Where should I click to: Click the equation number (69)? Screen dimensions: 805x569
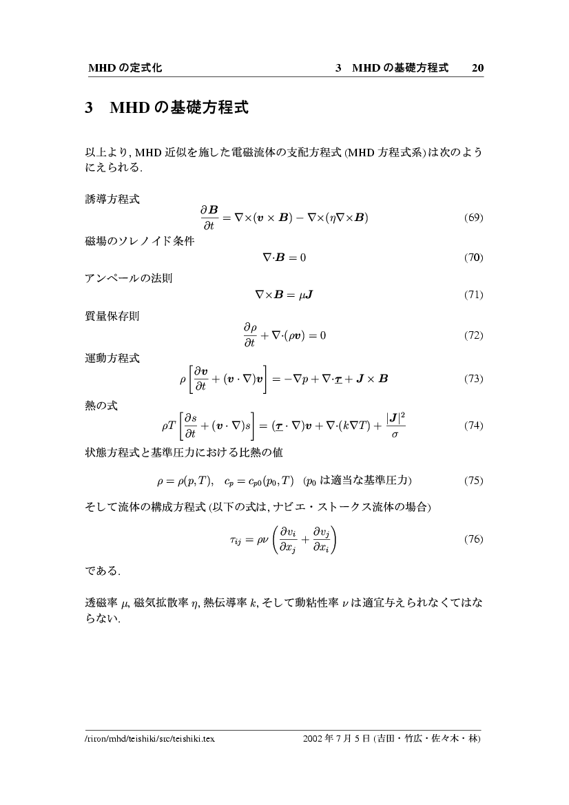[473, 218]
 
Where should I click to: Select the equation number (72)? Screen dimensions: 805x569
[473, 336]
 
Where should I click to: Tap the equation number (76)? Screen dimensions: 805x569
[473, 539]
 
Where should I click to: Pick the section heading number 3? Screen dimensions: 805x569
[89, 108]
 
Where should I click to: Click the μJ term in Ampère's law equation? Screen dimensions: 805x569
[306, 295]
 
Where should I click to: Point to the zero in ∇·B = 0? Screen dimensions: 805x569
[302, 258]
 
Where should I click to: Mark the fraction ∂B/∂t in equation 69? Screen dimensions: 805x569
[209, 218]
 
